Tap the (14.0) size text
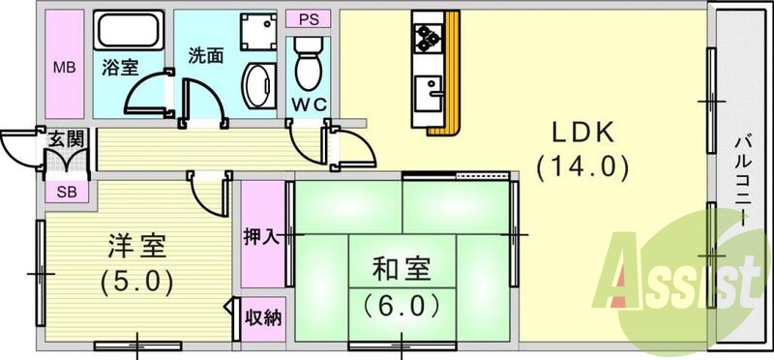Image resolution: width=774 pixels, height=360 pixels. tap(583, 166)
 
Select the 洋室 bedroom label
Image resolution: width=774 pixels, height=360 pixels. tap(136, 246)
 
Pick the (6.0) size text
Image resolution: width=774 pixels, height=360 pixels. tap(401, 305)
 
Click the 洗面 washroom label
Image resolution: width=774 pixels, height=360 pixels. tap(207, 55)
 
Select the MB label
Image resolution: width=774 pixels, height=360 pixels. tap(63, 68)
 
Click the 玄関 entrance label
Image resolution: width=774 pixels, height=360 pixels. tap(66, 140)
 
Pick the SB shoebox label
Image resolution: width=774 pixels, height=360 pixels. tap(66, 191)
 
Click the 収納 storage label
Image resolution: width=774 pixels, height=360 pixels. tap(263, 316)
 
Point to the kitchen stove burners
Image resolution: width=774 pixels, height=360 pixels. tap(428, 38)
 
